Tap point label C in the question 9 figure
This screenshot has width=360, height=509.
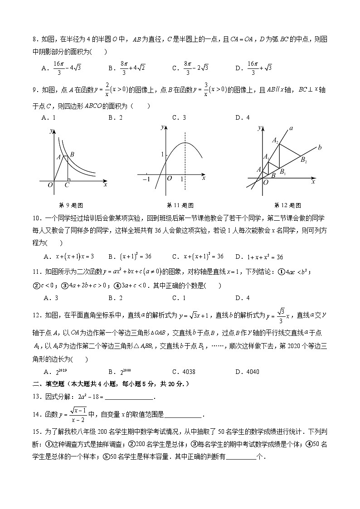click(67, 184)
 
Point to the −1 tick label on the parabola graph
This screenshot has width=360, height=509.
click(146, 179)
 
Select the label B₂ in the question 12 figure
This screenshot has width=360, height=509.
click(304, 160)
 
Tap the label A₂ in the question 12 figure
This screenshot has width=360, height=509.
click(275, 141)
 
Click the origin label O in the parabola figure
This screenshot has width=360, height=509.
click(169, 179)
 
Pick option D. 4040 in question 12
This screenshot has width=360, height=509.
click(247, 372)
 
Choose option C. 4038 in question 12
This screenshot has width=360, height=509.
click(184, 372)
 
